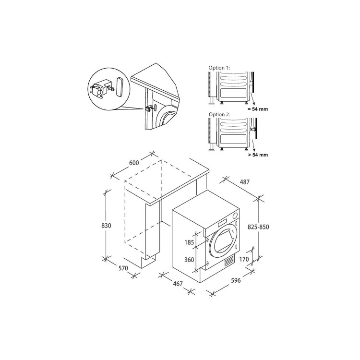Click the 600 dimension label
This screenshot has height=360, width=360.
pos(134,163)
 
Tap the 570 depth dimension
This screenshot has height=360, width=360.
pos(123,268)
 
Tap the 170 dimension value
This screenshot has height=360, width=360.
pos(243,260)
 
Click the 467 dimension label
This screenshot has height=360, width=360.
pos(178,284)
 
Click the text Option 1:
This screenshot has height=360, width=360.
pos(219,69)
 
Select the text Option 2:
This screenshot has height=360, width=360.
pos(219,115)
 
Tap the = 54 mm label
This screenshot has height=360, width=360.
pos(257,109)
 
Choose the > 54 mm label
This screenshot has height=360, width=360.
pos(257,156)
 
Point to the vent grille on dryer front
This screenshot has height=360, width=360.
pos(229,262)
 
